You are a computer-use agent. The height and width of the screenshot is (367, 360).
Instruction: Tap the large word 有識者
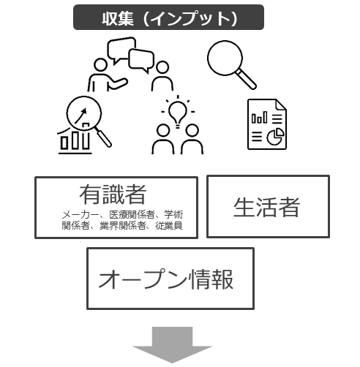[113, 194]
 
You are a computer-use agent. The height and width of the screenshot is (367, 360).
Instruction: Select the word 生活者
[266, 207]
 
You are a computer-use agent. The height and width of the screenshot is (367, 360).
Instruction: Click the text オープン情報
[166, 279]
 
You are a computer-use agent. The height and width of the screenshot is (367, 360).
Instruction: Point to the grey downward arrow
[172, 345]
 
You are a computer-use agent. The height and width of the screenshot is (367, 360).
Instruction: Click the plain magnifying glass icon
[232, 64]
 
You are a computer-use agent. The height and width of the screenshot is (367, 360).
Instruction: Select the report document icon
[267, 124]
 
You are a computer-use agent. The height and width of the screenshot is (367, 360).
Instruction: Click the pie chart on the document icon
[275, 137]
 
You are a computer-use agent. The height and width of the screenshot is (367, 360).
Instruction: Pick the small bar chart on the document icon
[259, 118]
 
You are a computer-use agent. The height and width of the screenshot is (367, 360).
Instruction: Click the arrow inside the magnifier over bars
[80, 116]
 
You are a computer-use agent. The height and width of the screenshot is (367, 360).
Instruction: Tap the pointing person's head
[100, 65]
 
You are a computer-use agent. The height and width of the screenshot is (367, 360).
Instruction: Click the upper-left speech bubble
[121, 50]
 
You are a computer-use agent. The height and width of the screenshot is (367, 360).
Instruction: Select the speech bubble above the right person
[141, 61]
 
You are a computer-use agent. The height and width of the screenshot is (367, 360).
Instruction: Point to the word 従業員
[169, 226]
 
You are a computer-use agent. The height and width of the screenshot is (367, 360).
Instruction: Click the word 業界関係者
[122, 226]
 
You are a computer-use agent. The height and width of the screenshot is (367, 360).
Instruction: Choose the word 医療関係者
[132, 215]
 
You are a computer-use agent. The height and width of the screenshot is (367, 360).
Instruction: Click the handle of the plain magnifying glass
[247, 79]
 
